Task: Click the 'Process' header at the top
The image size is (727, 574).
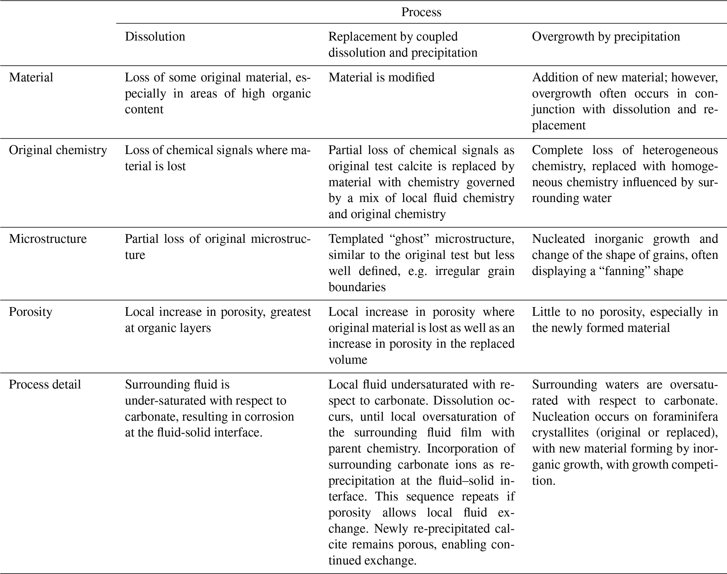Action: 421,12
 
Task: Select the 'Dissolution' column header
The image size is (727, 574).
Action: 155,37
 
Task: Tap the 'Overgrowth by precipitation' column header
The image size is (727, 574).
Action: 606,37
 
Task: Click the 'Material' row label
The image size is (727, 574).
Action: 31,77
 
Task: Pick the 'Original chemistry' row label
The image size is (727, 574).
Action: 58,150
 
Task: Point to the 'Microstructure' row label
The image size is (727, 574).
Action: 48,239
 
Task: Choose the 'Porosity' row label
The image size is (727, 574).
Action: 30,312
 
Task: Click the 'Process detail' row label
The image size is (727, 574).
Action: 45,384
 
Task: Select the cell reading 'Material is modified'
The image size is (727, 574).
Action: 381,77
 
